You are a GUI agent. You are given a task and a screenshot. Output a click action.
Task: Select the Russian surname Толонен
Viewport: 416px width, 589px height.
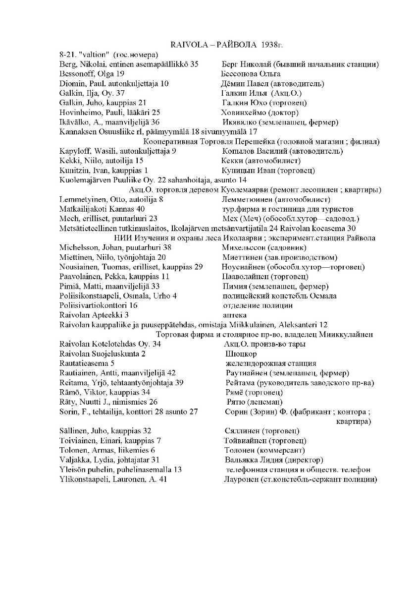pos(240,450)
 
